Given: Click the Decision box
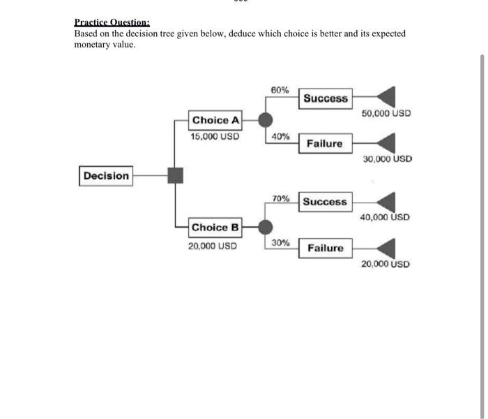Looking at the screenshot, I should [106, 176].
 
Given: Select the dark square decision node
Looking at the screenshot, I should [175, 175].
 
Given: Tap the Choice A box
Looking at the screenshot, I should [215, 120].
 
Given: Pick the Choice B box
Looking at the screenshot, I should [215, 227].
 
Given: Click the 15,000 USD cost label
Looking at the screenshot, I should [215, 137].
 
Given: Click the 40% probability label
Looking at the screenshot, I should [281, 137].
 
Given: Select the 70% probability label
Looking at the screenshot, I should [281, 198].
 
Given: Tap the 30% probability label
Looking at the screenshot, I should [281, 243].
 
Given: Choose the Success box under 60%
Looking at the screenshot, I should [326, 98].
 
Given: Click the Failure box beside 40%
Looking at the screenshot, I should [325, 144].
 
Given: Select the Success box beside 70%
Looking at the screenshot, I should [325, 202].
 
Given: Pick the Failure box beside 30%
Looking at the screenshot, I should [326, 248].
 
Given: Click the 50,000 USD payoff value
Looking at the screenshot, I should [386, 113].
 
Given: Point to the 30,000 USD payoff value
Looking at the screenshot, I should [388, 159].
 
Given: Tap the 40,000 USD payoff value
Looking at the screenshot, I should [386, 217].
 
